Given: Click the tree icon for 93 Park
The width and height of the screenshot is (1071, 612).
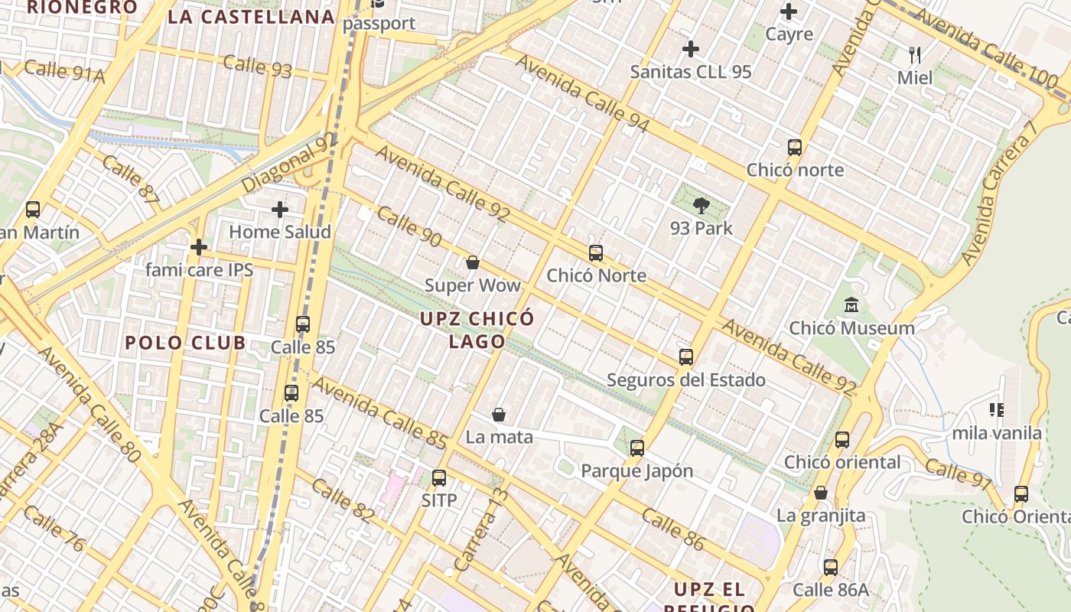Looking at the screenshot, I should tap(701, 205).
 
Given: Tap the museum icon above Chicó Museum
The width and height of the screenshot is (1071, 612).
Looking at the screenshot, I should tap(851, 305).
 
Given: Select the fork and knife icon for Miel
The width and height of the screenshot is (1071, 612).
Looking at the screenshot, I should tap(914, 54).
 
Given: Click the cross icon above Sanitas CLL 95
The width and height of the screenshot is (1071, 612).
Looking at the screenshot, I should tap(690, 49).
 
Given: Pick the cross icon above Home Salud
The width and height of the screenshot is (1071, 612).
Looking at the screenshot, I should tap(280, 209).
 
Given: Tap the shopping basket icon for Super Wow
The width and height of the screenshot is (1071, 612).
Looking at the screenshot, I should tap(473, 262).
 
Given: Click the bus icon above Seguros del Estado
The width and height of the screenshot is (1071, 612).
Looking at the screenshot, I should tap(685, 356).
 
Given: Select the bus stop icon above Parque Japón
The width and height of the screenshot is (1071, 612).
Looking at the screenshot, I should tap(636, 448).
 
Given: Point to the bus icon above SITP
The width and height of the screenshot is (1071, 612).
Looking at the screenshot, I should tap(438, 477).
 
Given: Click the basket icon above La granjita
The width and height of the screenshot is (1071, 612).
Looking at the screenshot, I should tap(821, 493).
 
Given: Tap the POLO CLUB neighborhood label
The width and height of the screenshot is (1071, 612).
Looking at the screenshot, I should tap(185, 343).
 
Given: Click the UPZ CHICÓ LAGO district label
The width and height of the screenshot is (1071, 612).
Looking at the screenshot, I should tap(477, 330).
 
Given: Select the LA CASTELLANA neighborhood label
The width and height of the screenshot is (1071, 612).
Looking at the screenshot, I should tap(251, 17).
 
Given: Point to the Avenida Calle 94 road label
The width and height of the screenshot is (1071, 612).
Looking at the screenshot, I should tap(582, 93).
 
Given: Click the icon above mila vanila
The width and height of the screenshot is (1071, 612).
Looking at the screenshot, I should tap(996, 410).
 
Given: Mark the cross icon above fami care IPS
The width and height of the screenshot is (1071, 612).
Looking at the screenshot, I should tap(199, 247).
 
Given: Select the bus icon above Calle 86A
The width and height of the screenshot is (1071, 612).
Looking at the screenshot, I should tap(831, 567).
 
